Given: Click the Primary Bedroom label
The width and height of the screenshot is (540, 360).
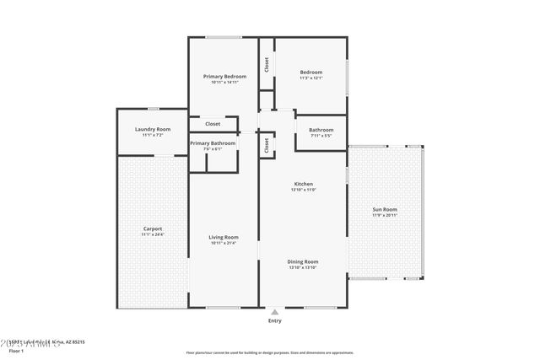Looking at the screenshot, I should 224,76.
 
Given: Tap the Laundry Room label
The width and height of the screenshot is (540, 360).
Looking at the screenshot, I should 152,129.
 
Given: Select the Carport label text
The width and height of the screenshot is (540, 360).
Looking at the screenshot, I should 153,228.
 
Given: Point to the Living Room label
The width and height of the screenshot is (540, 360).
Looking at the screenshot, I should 224,237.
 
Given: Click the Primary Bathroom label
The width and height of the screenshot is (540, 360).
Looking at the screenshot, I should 213,143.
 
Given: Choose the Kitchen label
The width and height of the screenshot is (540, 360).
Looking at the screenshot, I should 304,184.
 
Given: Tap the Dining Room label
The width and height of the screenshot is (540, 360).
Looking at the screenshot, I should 304,261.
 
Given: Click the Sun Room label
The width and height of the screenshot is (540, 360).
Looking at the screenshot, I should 385,209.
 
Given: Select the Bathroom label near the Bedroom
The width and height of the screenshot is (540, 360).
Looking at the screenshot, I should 321,129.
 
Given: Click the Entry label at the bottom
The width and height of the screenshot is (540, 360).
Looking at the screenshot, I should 275,321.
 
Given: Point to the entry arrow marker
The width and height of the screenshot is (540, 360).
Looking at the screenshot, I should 275,312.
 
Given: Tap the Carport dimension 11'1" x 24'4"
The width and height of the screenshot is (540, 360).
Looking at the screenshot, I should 153,234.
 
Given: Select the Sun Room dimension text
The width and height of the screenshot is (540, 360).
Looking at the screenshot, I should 385,215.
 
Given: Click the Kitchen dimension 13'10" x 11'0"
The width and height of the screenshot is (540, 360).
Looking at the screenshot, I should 304,190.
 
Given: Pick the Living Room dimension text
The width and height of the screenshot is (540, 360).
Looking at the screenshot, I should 224,244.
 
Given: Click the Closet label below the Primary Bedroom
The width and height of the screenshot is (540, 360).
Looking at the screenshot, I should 213,124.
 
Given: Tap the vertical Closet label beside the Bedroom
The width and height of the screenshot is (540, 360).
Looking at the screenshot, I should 267,64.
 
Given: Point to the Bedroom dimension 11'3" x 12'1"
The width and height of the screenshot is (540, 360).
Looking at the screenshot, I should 311,78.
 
